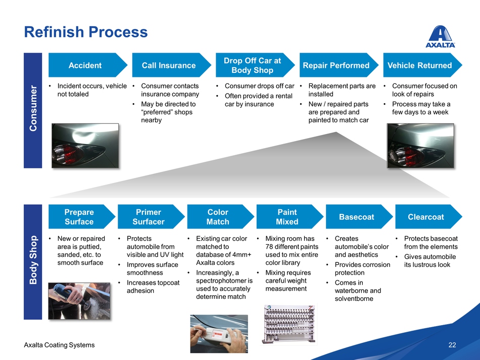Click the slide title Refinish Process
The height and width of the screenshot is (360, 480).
click(x=86, y=32)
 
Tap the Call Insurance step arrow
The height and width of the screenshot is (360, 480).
click(x=169, y=65)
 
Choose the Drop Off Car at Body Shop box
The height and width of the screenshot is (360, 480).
click(x=253, y=65)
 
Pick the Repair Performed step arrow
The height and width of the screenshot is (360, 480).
click(x=336, y=65)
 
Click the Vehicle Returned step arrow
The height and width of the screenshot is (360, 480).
click(x=420, y=65)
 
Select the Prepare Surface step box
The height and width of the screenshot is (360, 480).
click(x=79, y=217)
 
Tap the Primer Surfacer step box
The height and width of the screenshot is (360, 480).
click(x=149, y=217)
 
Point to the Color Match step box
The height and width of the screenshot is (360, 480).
click(x=218, y=217)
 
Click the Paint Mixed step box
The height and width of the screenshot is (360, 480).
click(x=287, y=217)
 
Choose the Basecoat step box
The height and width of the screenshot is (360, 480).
click(x=357, y=217)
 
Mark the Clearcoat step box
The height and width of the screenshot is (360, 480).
click(x=426, y=217)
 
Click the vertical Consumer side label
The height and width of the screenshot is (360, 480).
click(x=33, y=110)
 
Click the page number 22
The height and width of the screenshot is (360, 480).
click(x=452, y=345)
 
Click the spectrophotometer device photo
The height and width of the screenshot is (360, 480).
click(x=219, y=333)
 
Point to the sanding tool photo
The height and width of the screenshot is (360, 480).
click(x=79, y=300)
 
